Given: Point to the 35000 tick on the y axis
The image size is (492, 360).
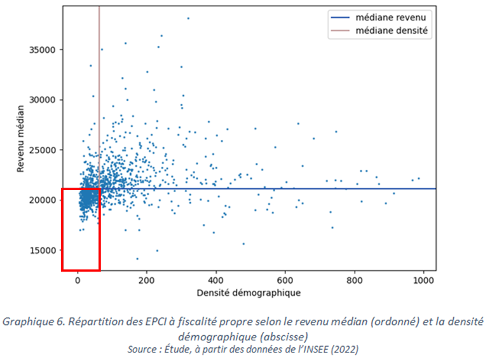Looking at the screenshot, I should (x=44, y=50).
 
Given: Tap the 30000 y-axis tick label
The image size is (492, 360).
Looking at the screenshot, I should (x=44, y=100).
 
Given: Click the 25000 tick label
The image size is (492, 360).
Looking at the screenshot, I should (x=44, y=150).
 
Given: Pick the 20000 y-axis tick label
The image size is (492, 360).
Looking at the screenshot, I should (x=44, y=200).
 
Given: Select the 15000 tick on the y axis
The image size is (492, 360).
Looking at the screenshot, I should (x=44, y=251).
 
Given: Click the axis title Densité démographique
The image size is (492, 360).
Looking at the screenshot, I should (x=249, y=293).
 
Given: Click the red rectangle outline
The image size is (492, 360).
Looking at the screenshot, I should (x=62, y=229).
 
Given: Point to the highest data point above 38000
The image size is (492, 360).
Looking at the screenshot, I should (x=188, y=18).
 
